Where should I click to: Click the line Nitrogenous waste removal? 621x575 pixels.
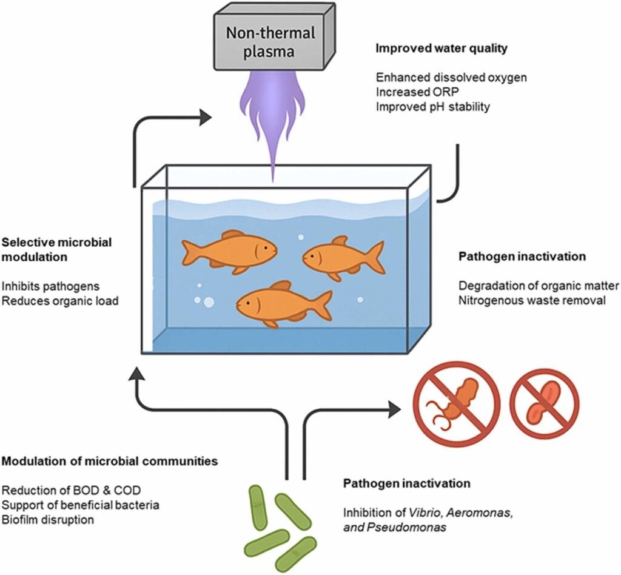(531, 300)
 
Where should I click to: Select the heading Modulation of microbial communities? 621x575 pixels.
(110, 462)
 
